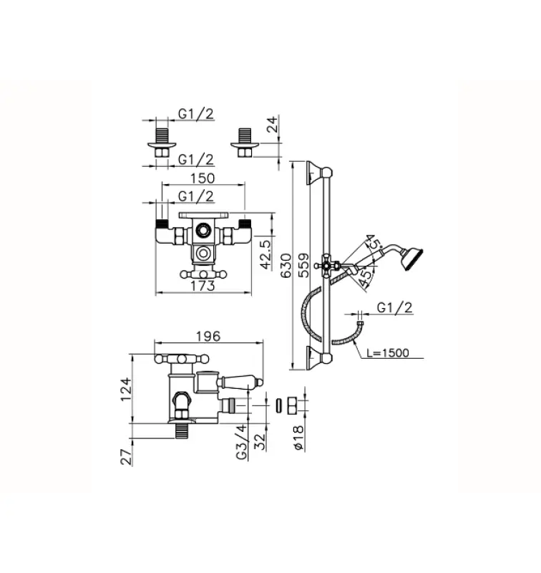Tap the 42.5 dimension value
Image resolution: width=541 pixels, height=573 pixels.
point(265,254)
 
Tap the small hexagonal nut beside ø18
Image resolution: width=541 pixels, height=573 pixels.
point(292,405)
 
